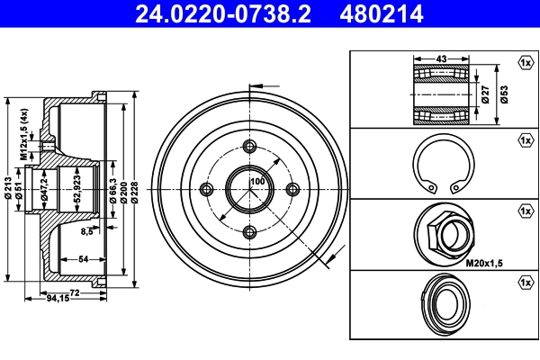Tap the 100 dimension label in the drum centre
pos(257,182)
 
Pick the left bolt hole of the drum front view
pos(206,188)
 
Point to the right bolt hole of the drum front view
pos(292,188)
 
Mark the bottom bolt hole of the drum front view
pos(249,231)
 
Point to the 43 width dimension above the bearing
pos(440,60)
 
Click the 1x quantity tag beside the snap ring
pos(525,139)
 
